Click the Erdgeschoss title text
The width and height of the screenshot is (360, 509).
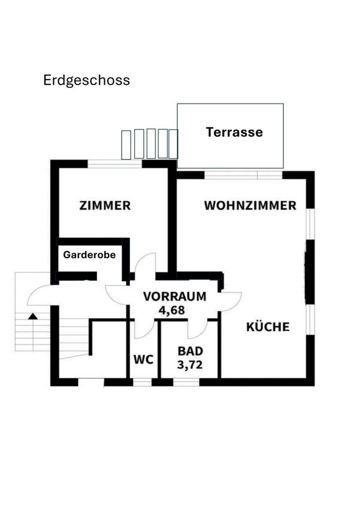coord(86,80)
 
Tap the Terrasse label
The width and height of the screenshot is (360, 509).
coord(234,132)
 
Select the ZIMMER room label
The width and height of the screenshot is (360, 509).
coord(105,205)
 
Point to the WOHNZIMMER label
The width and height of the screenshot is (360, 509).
coord(250,205)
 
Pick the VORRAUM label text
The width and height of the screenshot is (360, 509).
coord(174,296)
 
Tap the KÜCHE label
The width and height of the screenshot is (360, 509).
coord(268,327)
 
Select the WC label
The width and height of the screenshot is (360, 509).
coord(143,360)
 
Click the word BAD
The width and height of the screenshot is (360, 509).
coord(190,351)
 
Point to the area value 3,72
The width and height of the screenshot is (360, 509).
coord(189,364)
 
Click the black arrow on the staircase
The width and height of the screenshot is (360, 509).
coord(32,315)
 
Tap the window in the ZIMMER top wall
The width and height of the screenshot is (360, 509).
coord(114,163)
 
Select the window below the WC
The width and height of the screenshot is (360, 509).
coord(142,382)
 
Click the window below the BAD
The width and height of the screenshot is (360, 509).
coord(186,382)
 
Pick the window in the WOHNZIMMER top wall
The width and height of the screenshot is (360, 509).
coord(243,175)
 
